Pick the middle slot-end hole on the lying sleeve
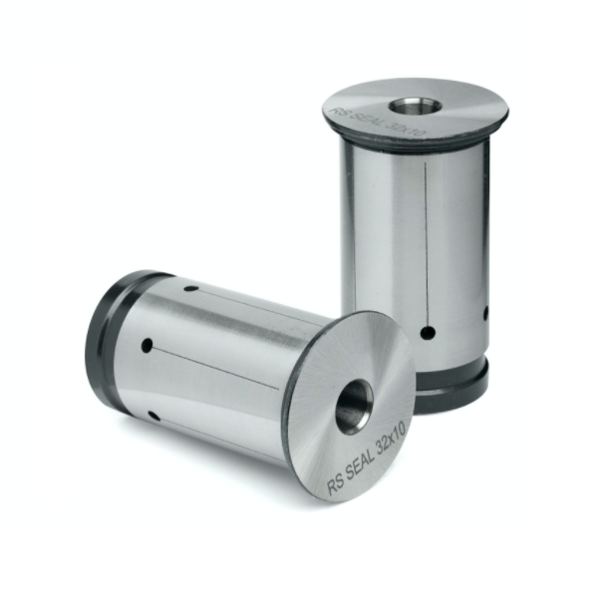147,346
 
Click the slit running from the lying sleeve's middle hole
219,366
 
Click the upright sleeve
414,249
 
